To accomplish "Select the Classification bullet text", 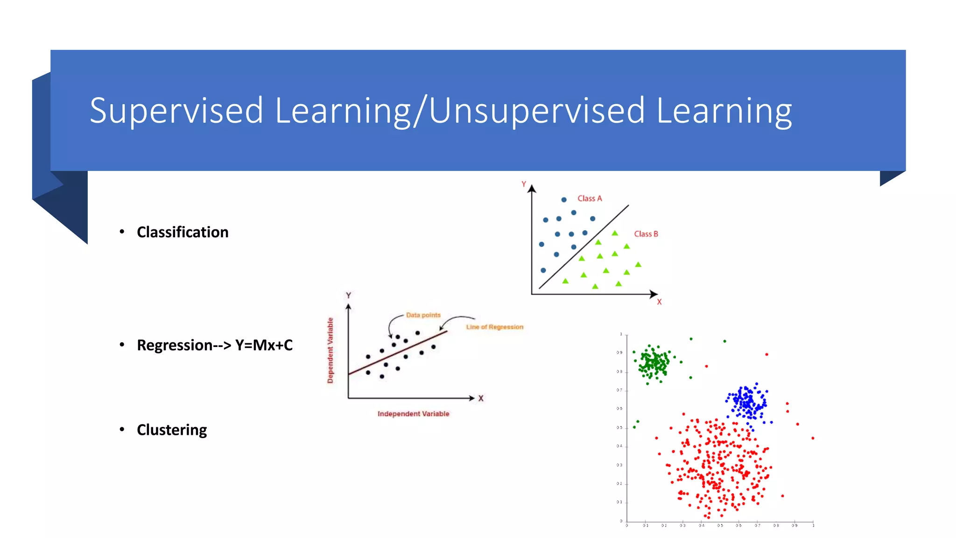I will tap(183, 232).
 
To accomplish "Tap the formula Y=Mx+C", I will tap(264, 345).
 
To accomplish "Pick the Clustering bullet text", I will tap(172, 430).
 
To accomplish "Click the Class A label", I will tap(590, 198).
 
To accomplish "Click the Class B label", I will tap(646, 234).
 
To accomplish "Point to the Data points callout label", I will tap(423, 315).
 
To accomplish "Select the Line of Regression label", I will tap(494, 327).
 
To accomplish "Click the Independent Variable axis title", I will tap(413, 414).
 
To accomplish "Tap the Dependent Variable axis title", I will tap(330, 350).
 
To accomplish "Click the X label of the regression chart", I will tap(481, 398).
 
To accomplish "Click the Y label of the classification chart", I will tap(524, 184).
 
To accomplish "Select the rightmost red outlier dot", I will tap(813, 438).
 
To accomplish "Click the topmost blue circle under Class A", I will tap(564, 199).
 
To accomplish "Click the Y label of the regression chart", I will tap(348, 295).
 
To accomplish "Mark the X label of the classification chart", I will tap(659, 302).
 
